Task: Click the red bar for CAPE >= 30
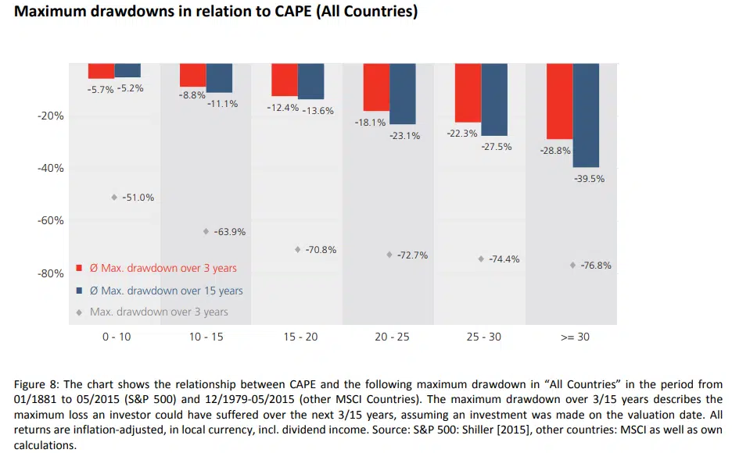click(559, 101)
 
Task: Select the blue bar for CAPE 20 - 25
click(403, 94)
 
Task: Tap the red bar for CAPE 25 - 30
click(468, 92)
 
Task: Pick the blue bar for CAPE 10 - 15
click(219, 78)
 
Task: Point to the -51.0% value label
click(138, 198)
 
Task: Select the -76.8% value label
click(595, 266)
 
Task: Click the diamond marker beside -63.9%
click(206, 231)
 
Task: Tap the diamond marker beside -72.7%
click(389, 255)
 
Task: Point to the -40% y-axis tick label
click(50, 168)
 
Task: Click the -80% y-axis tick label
click(50, 273)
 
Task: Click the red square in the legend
click(79, 268)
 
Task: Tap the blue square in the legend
click(79, 291)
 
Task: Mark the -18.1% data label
click(370, 123)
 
